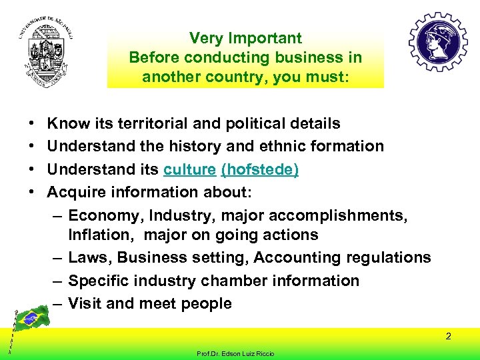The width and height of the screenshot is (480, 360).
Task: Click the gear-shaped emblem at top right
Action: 438,42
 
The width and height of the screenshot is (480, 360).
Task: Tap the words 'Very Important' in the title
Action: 245,39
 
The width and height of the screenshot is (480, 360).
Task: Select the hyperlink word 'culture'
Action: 189,170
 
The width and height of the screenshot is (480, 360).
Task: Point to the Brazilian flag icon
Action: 30,319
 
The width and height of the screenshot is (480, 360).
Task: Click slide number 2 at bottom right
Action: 449,336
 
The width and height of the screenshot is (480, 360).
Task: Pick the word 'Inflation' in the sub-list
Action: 101,235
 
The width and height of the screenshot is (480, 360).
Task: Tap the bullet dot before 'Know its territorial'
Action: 33,124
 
